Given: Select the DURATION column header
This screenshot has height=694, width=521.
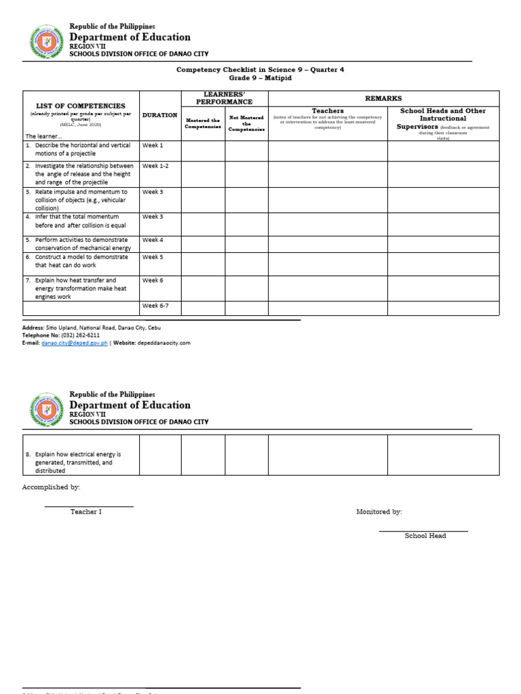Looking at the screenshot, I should (159, 115).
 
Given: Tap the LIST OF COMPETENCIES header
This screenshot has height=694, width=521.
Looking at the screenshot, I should (80, 106).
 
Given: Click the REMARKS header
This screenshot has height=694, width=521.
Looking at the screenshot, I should (383, 98).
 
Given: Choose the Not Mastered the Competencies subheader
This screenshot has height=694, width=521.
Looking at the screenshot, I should (246, 123).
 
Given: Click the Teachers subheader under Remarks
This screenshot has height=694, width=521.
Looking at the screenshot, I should (328, 110).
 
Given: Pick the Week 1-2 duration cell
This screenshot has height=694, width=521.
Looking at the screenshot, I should (155, 166).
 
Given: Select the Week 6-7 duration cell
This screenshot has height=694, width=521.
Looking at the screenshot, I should (155, 306).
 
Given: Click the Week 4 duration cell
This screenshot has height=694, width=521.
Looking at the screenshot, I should (153, 240).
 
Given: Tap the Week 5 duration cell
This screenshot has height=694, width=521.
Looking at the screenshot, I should (153, 258).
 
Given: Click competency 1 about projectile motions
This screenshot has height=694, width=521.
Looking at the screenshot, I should (79, 149).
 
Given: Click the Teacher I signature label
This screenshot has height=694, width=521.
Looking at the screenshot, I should (86, 512).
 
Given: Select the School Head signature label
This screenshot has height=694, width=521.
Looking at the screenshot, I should (425, 536).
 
